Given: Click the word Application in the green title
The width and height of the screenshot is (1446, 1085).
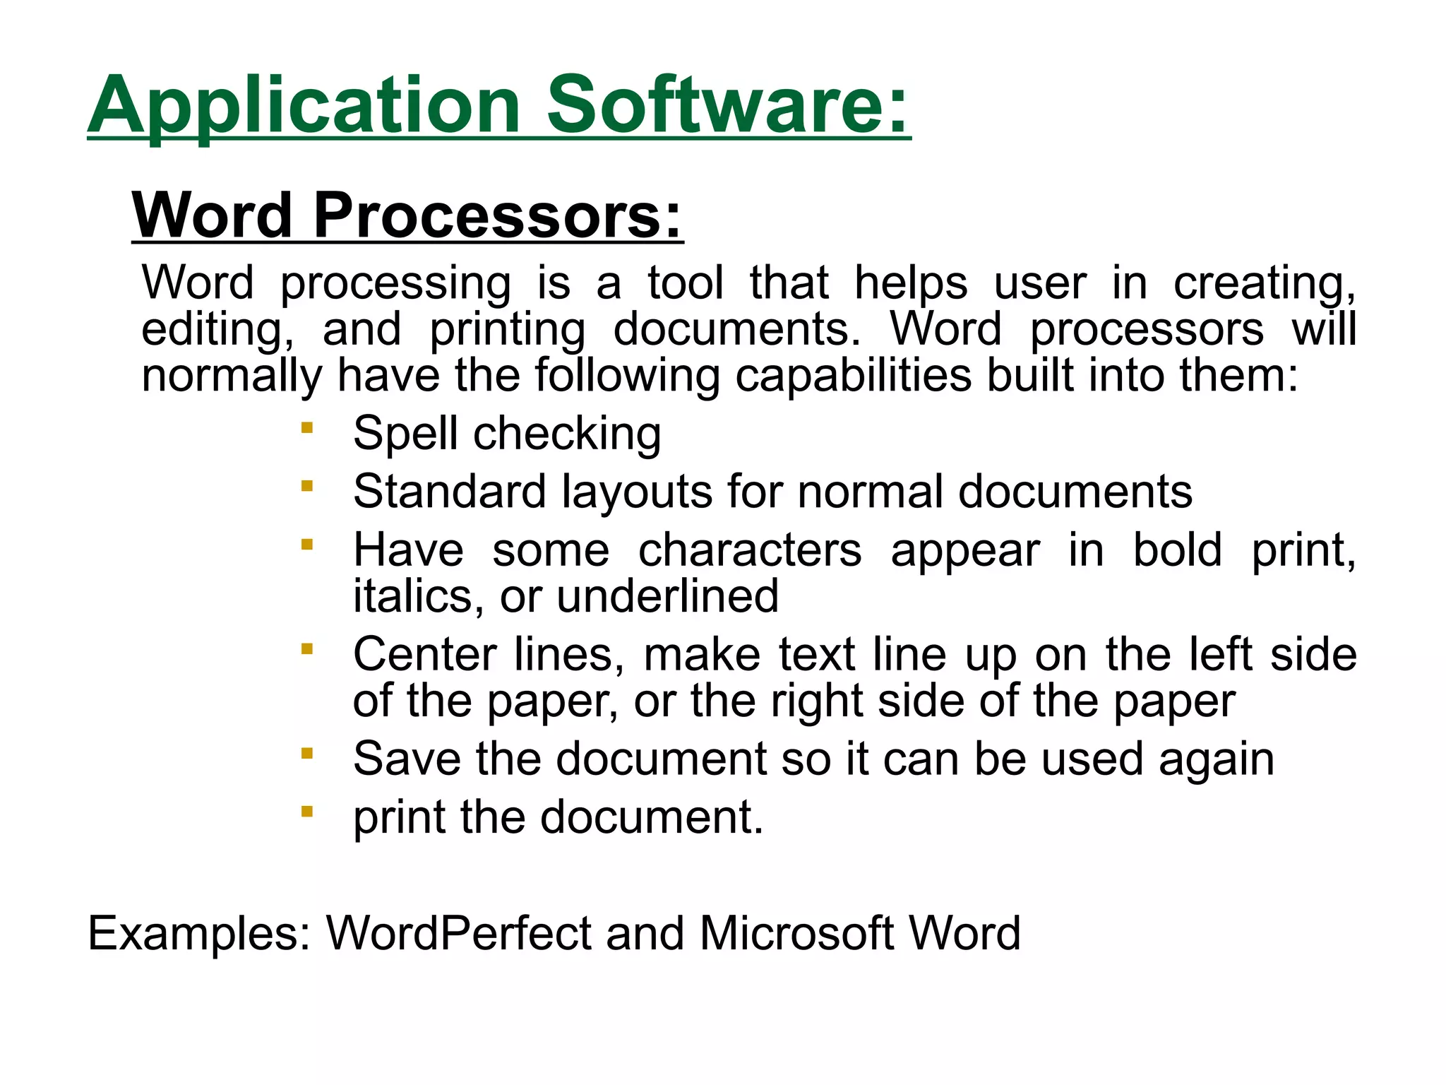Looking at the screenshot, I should tap(304, 106).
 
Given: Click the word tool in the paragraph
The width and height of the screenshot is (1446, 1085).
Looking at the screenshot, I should tap(686, 283).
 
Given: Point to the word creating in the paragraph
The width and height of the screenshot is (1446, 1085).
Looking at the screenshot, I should tap(1264, 284).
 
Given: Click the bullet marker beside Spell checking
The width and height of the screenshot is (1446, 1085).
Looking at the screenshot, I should tap(306, 427).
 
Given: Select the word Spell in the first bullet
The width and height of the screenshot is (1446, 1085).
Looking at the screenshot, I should tap(405, 433).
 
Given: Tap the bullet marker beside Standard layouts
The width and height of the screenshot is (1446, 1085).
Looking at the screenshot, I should tap(306, 485).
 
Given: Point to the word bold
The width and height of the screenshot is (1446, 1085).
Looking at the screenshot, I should tap(1177, 550).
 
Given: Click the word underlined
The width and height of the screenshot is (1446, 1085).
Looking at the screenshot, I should tap(668, 596).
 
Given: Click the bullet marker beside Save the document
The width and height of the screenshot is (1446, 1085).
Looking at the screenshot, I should tap(306, 753).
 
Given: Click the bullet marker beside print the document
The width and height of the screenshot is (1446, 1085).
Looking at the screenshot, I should tap(306, 812).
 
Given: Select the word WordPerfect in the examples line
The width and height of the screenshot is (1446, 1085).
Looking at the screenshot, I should tap(458, 933).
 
